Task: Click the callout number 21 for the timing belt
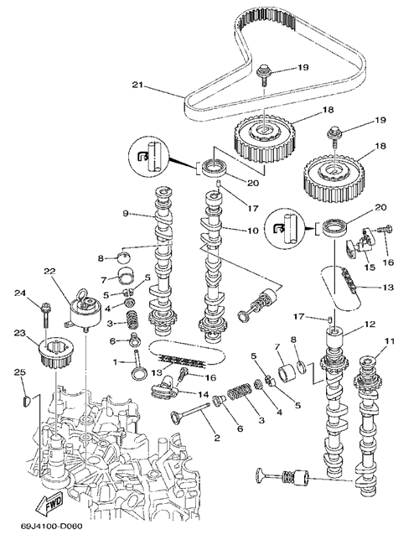138,85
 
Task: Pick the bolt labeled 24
44,315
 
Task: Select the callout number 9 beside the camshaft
126,213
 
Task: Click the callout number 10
252,230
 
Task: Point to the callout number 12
370,324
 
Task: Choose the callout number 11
390,341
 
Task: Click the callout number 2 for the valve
217,438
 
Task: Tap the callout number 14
203,394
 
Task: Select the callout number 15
370,267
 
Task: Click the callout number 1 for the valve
115,362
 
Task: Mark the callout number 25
20,372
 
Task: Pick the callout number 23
20,333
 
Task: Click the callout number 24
20,293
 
